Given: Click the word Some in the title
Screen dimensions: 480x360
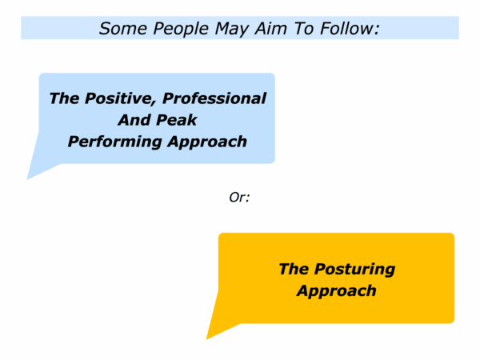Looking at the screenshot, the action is [x=123, y=29].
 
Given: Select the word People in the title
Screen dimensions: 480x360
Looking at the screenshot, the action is [x=181, y=29].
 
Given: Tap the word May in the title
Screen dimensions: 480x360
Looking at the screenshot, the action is [x=232, y=30].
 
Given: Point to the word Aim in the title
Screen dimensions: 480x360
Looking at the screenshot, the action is [x=271, y=29].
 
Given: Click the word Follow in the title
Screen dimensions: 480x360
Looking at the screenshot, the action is [x=346, y=29].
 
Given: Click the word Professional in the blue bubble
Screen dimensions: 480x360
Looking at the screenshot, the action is [x=214, y=98].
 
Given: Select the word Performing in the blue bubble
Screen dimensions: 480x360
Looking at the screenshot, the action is [x=114, y=142].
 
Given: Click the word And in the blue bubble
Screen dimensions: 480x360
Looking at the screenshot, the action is [x=134, y=120].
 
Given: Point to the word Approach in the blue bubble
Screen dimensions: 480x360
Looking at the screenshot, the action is [x=207, y=142].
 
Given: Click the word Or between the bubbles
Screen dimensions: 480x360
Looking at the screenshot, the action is [x=238, y=198].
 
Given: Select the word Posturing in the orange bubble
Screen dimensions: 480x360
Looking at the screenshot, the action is [x=354, y=270].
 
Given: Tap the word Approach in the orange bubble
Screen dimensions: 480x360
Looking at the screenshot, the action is [x=337, y=291].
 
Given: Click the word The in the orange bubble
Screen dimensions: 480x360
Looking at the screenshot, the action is [x=294, y=269].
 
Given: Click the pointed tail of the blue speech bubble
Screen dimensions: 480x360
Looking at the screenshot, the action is [x=28, y=178].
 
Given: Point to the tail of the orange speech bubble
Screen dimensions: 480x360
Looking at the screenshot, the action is [x=207, y=338].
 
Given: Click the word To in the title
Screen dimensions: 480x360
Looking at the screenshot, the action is [x=304, y=29].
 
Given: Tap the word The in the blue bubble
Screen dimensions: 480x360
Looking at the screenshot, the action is [x=64, y=98].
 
